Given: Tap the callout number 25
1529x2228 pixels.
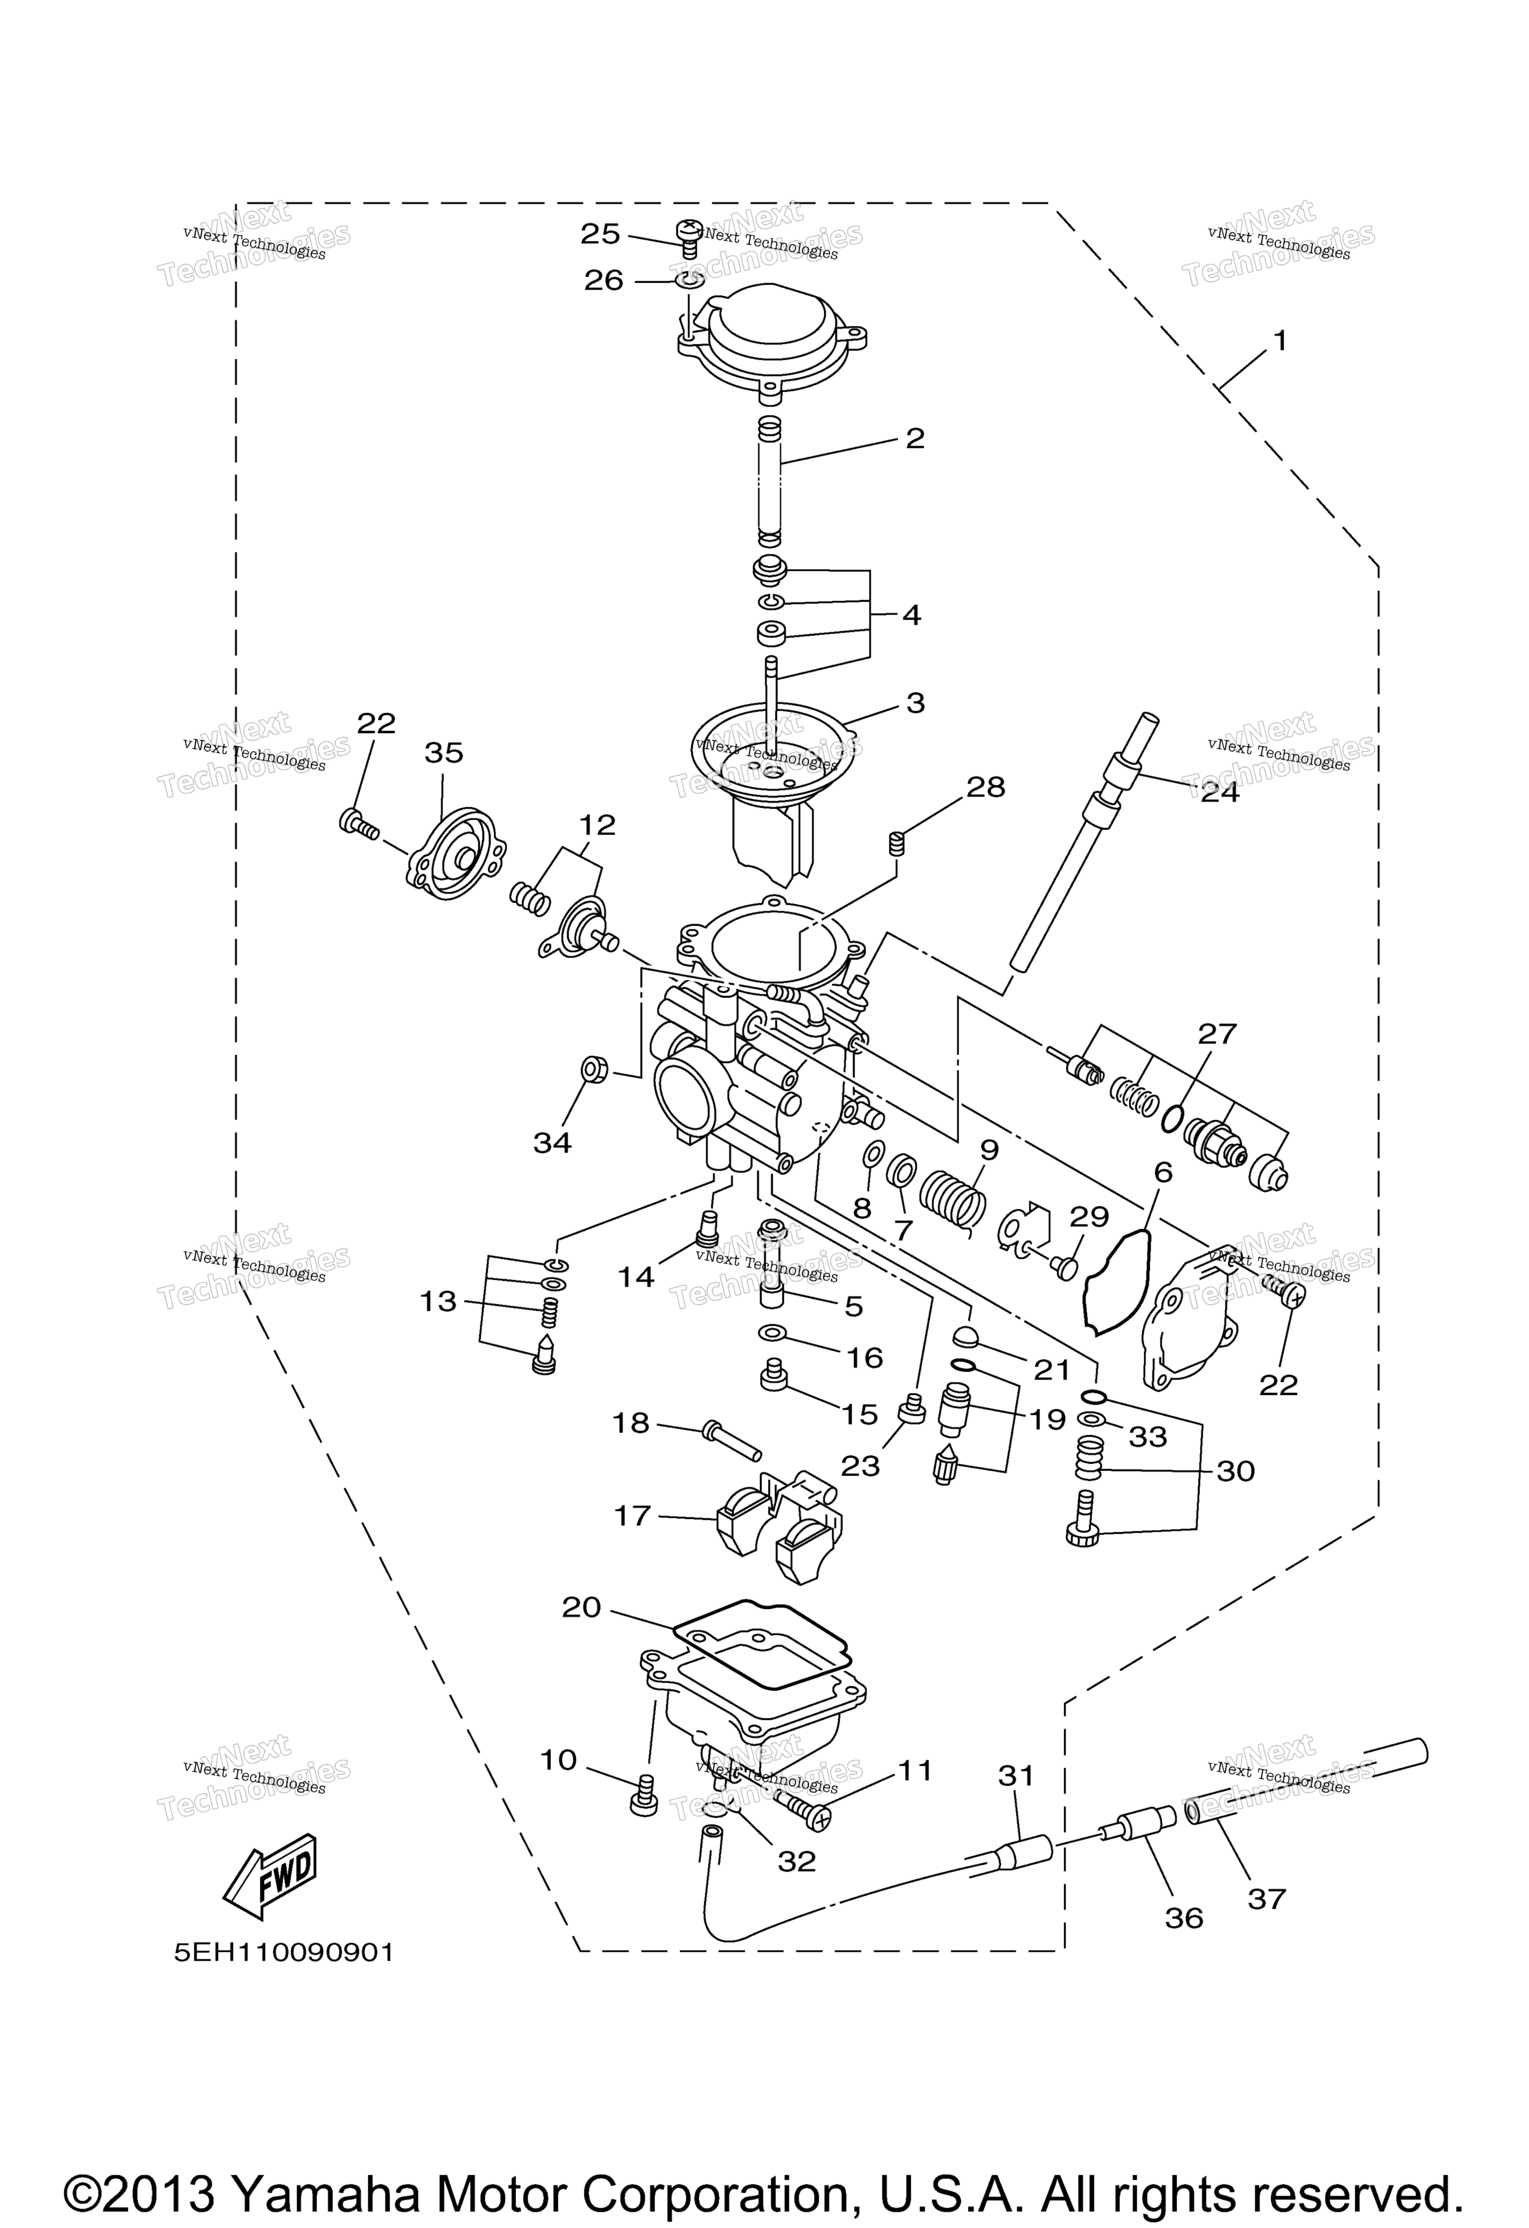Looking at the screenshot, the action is click(601, 234).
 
